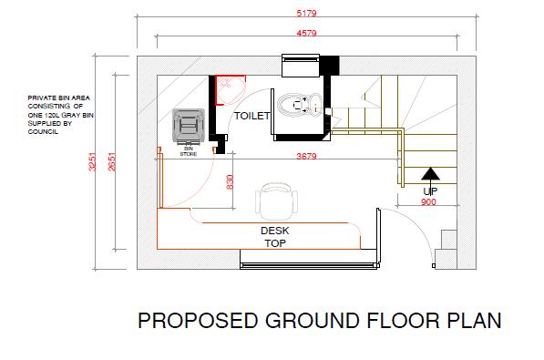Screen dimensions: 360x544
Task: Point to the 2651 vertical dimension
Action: pos(112,162)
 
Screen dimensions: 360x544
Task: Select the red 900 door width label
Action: pos(428,202)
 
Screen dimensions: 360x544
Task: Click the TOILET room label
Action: pos(251,118)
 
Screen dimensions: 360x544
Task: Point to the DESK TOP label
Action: pos(274,237)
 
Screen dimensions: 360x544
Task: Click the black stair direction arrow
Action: pos(429,174)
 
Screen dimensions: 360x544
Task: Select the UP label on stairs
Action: pos(428,191)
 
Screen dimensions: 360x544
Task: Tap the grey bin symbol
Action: pos(189,124)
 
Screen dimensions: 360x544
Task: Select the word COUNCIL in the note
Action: pos(43,131)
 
